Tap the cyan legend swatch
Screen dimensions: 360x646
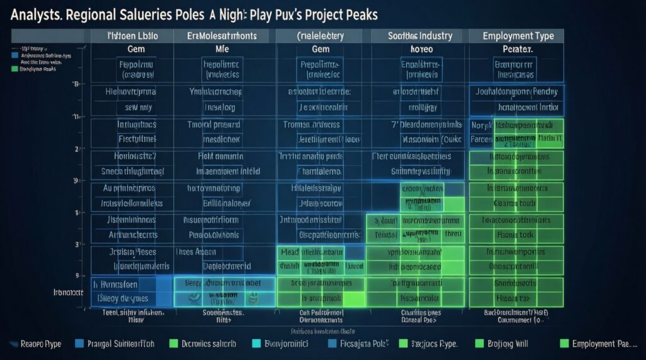256,344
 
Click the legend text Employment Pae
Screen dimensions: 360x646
602,344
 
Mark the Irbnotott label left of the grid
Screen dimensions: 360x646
68,293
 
